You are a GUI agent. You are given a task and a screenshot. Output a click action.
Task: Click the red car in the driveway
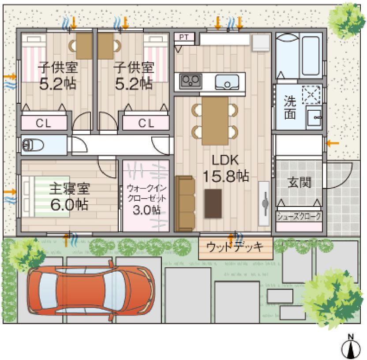(x=90, y=290)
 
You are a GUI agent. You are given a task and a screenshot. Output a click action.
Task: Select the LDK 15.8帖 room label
(x=225, y=168)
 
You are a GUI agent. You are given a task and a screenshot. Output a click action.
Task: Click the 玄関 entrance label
(x=298, y=182)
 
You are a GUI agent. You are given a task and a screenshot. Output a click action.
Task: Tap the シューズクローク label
(x=299, y=217)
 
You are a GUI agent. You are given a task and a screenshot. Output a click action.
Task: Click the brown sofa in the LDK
(x=184, y=203)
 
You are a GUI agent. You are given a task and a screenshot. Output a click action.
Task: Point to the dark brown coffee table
(x=213, y=203)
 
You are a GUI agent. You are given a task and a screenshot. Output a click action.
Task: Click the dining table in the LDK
(x=215, y=120)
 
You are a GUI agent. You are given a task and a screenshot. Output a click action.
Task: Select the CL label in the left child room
(x=43, y=123)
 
